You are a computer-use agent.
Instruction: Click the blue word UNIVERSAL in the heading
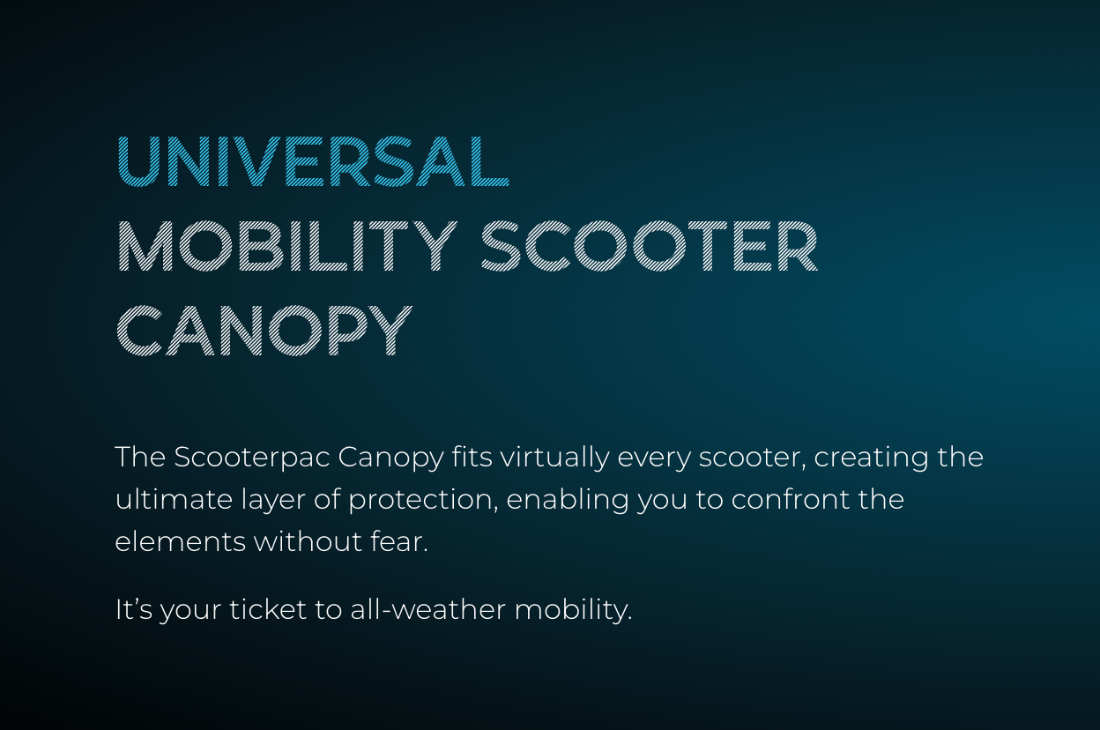(313, 161)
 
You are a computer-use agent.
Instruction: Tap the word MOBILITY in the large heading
(287, 246)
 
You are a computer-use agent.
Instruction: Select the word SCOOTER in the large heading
(650, 246)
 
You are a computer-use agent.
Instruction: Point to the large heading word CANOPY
(264, 330)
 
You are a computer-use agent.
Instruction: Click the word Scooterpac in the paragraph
(252, 458)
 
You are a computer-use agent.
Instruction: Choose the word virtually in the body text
(555, 458)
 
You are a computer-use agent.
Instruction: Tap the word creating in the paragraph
(871, 458)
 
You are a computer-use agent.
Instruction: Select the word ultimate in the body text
(174, 500)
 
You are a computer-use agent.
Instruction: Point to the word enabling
(568, 500)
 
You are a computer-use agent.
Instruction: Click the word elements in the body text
(180, 542)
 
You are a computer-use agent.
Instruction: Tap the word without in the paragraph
(308, 542)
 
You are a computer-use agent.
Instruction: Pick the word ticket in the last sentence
(268, 609)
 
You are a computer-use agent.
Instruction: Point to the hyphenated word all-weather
(427, 609)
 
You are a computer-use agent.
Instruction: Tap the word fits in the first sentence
(472, 458)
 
